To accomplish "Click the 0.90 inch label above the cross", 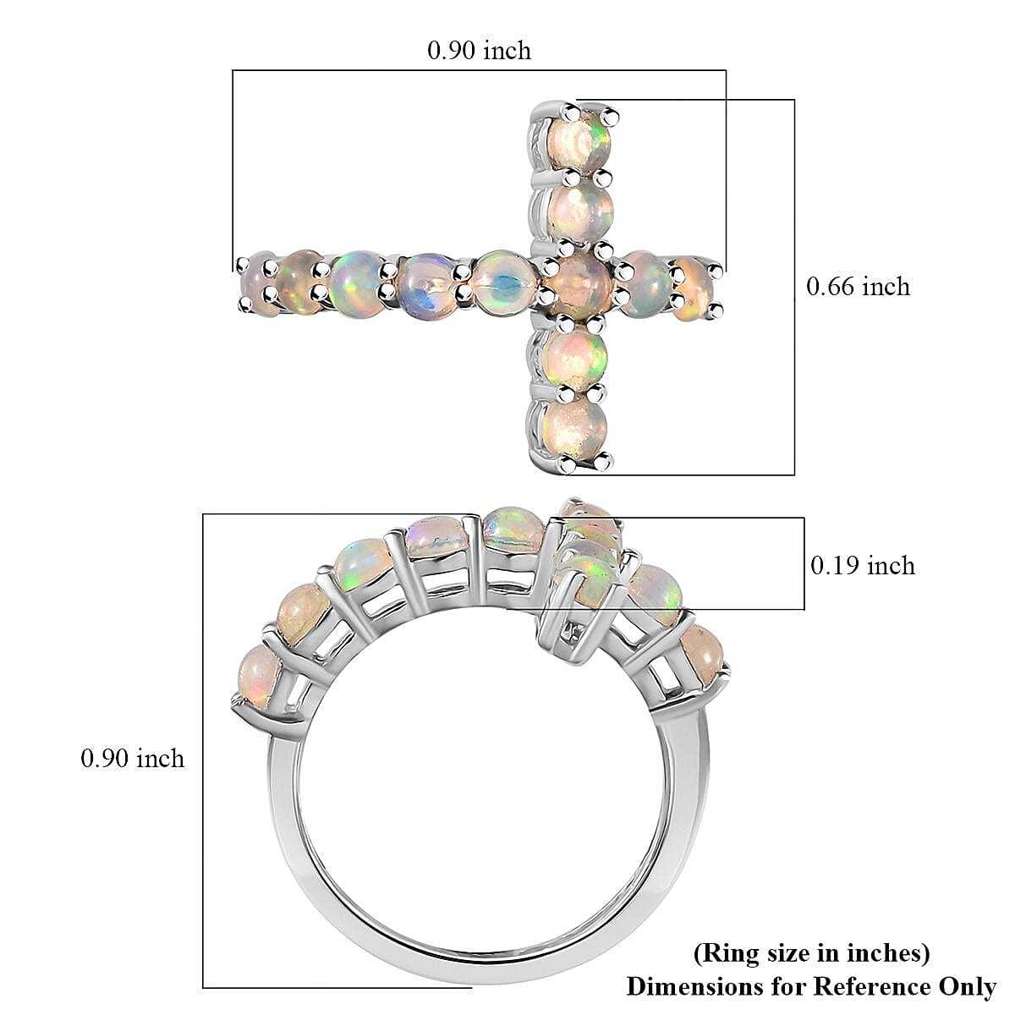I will [x=479, y=51].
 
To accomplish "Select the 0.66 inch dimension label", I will [x=858, y=287].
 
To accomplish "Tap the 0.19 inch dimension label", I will [x=863, y=565].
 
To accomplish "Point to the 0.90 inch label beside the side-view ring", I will [x=132, y=758].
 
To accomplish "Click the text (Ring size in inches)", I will [x=811, y=953].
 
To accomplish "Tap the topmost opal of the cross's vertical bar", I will [x=579, y=140].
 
